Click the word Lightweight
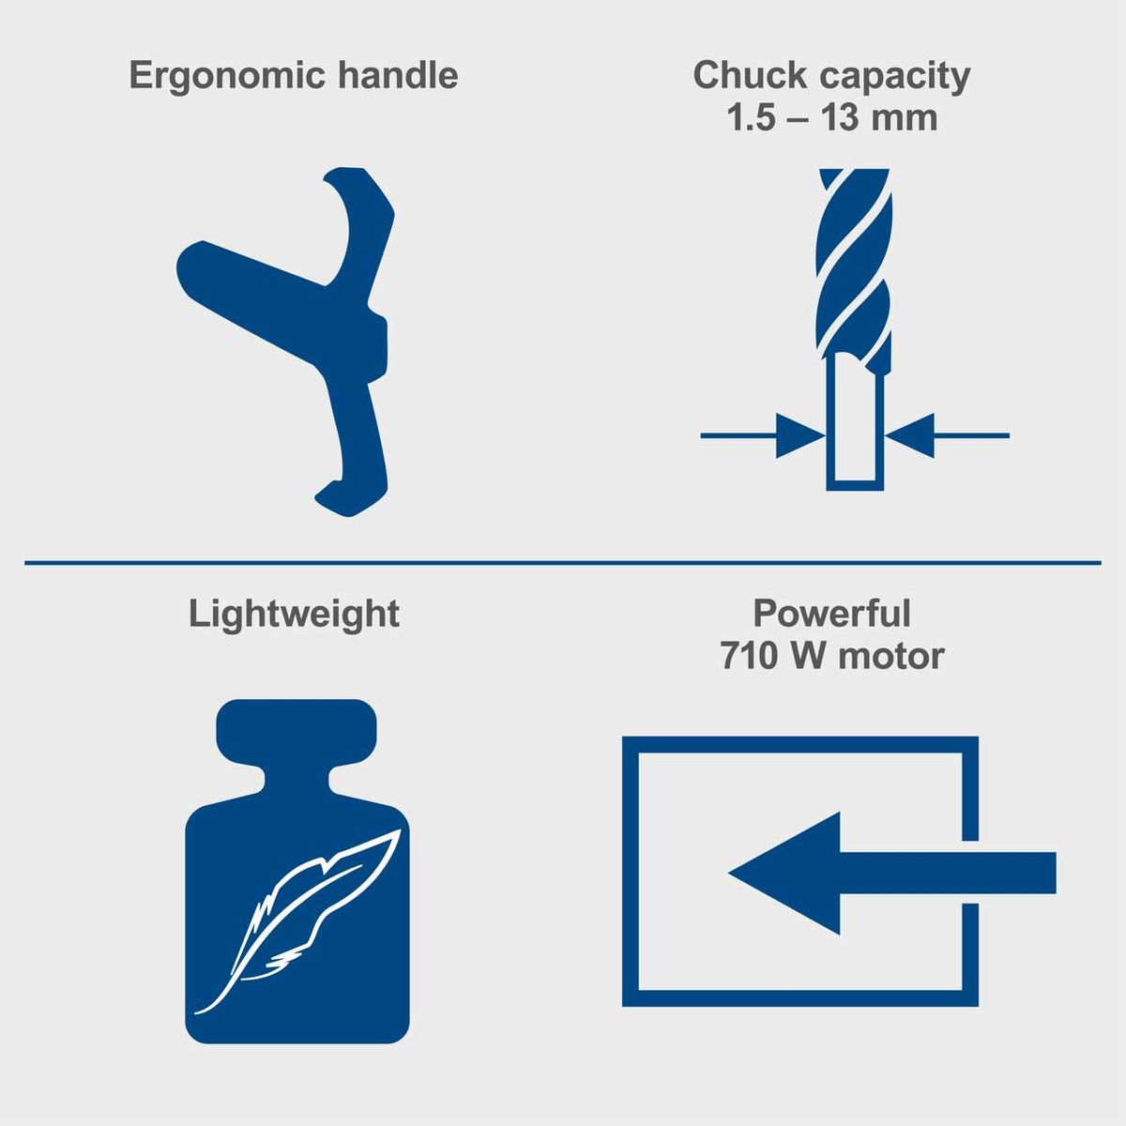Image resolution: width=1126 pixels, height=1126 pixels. (294, 615)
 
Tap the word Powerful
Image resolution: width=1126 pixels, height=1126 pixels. (831, 614)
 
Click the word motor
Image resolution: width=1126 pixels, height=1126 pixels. (890, 655)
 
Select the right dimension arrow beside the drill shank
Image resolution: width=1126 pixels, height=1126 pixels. (909, 435)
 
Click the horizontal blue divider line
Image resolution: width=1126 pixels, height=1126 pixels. (563, 563)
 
